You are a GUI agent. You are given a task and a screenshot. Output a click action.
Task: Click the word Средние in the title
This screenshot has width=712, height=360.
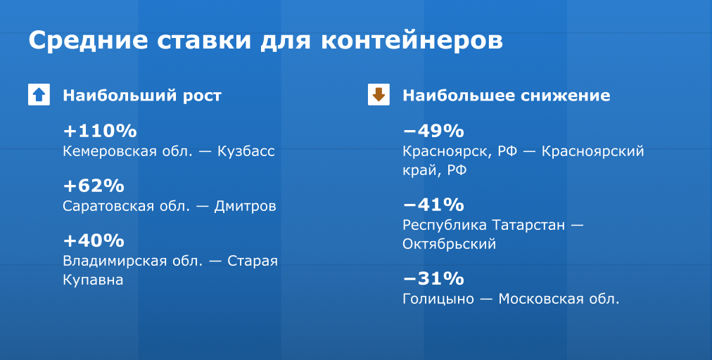[88, 40]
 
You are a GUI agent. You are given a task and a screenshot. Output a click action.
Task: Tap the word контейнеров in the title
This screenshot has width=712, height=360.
[412, 40]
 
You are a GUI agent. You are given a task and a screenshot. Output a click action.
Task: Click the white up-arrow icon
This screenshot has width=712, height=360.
[39, 94]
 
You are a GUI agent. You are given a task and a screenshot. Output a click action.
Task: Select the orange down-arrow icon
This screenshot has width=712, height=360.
[379, 94]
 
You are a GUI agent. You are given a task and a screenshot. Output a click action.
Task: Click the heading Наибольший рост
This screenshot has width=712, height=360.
[142, 96]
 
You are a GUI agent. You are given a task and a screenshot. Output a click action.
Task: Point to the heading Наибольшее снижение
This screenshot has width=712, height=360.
[507, 96]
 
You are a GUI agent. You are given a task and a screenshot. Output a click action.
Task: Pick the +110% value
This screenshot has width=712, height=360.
[100, 131]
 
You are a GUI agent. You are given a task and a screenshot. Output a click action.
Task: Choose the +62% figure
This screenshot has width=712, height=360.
[94, 186]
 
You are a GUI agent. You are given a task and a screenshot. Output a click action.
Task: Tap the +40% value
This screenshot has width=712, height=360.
[94, 240]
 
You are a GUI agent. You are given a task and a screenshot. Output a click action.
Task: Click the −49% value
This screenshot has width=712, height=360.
[433, 131]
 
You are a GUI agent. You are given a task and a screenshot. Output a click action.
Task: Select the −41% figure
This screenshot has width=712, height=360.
[433, 205]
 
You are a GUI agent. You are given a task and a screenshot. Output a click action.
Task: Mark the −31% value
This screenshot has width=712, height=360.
[433, 278]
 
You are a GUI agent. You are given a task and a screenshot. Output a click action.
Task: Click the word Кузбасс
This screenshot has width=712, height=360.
[246, 151]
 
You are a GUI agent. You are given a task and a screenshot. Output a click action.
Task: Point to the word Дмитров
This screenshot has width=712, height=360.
[246, 207]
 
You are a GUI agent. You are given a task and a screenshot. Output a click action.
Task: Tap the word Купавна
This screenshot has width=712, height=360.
[93, 280]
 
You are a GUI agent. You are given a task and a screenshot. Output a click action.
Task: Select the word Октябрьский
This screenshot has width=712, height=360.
[449, 244]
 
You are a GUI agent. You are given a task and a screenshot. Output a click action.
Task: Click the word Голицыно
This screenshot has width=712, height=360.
[438, 299]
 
